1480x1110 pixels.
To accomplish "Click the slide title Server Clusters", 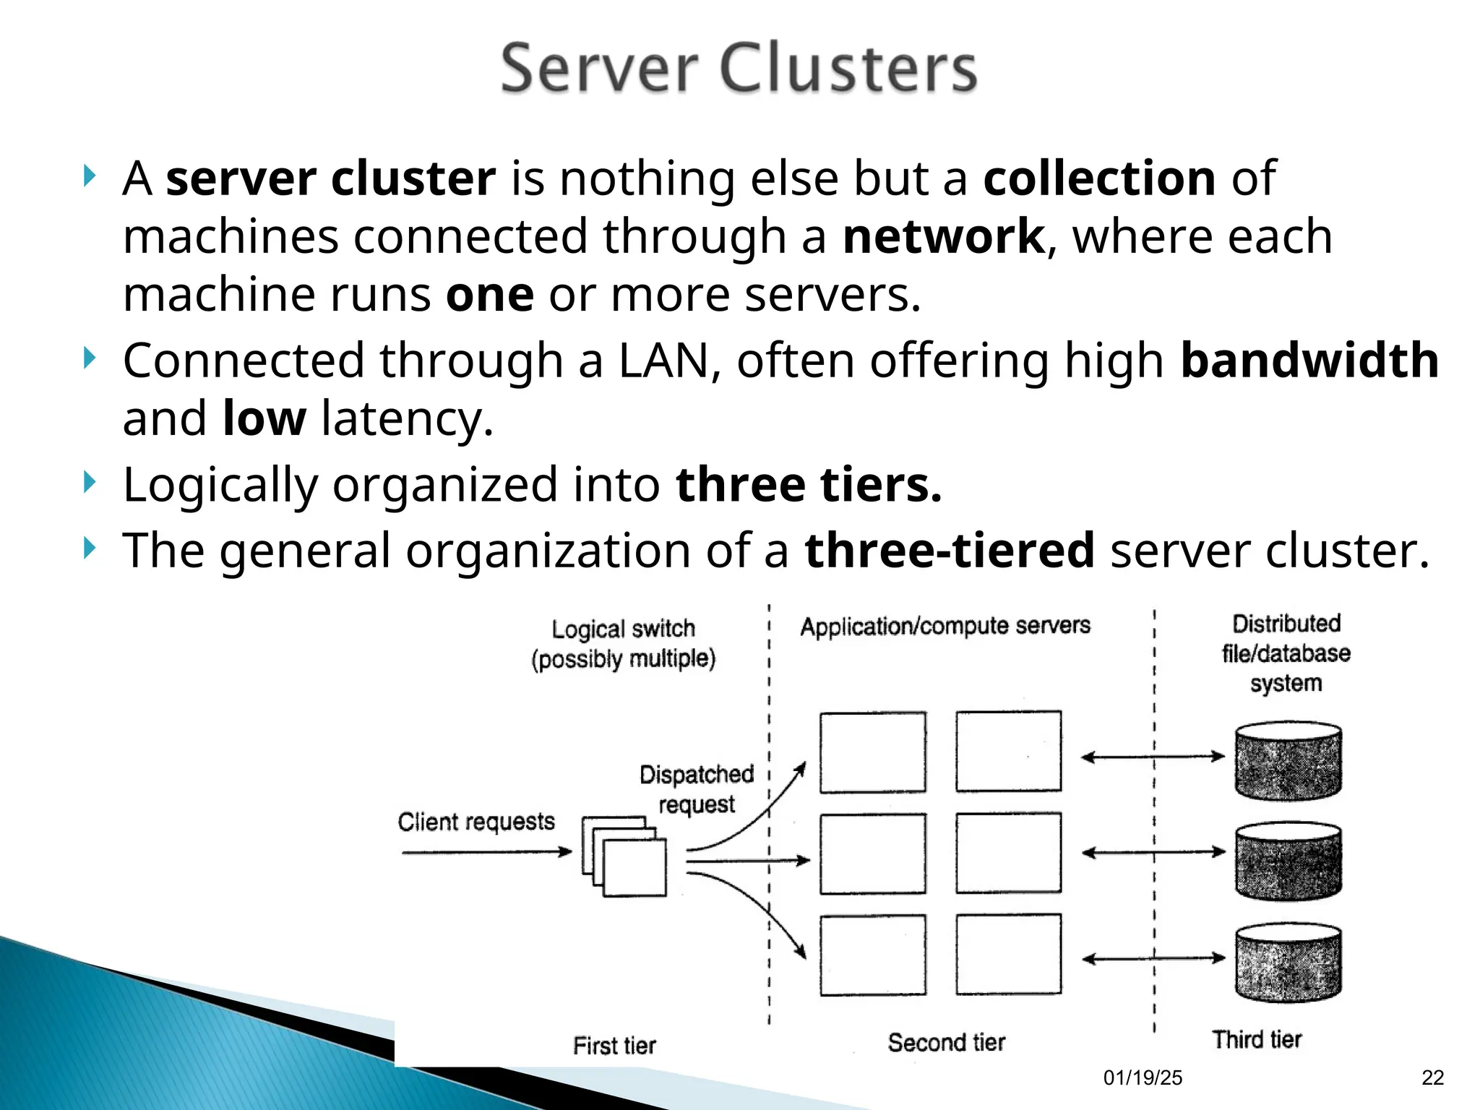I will [x=739, y=69].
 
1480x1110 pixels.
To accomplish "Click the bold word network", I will [x=943, y=237].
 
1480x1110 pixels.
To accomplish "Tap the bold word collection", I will [x=1099, y=178].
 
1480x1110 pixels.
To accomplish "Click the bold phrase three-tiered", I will [x=950, y=551].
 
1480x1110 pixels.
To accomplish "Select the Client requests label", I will [x=476, y=822].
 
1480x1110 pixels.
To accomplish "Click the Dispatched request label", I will [x=697, y=789].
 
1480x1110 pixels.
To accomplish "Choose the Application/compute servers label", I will [x=945, y=626].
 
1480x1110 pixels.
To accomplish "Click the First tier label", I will [x=614, y=1045].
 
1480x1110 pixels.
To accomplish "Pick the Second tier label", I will [x=946, y=1042].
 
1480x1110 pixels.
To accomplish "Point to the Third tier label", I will [x=1257, y=1039].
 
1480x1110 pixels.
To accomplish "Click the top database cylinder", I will [x=1288, y=760].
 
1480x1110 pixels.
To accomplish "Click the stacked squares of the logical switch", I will [x=624, y=857].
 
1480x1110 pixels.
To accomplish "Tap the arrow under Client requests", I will [x=486, y=853].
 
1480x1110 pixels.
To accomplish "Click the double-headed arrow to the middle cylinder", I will [x=1153, y=853].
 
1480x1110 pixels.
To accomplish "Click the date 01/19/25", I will [x=1143, y=1078].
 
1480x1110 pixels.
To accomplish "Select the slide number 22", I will [x=1432, y=1078].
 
